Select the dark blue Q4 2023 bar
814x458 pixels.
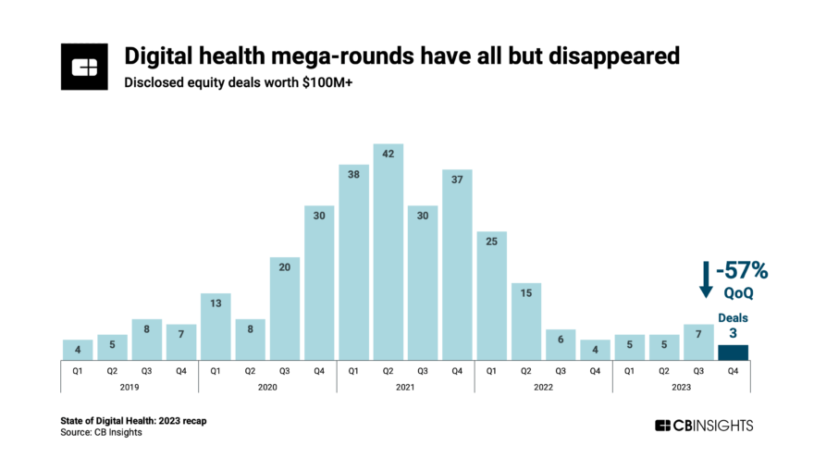733,353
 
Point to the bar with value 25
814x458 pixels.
491,295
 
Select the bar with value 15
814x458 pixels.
525,321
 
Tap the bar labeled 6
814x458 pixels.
561,344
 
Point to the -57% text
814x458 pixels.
741,271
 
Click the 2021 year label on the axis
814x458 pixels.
405,389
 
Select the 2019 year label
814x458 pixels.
129,389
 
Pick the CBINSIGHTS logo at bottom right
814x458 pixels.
704,426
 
